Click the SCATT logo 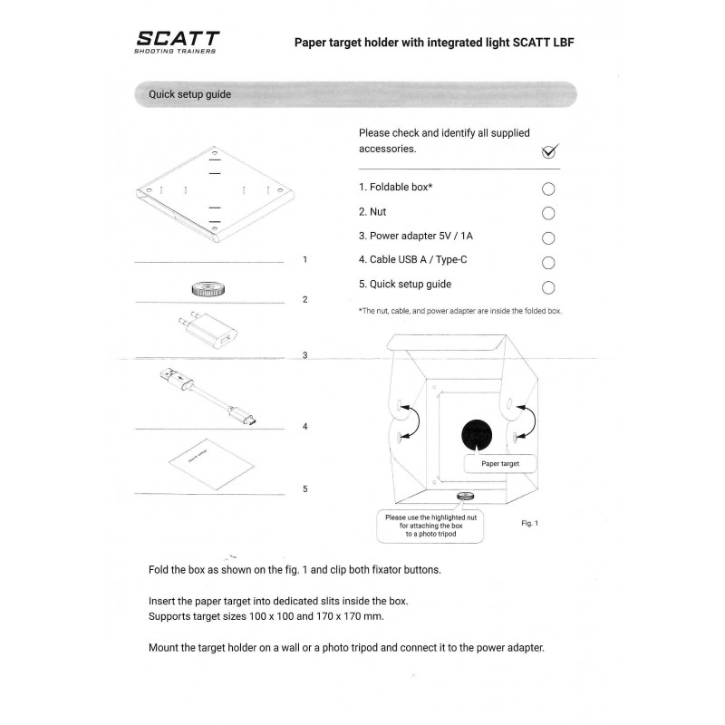(x=177, y=42)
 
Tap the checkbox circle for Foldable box (x=548, y=188)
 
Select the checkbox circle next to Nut (x=548, y=213)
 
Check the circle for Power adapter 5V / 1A (x=548, y=238)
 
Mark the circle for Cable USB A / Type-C (x=548, y=263)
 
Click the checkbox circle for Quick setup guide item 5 (x=548, y=287)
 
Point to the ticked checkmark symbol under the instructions (x=550, y=150)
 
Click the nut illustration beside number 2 (x=208, y=289)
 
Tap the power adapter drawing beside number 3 (x=208, y=330)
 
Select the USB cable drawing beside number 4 (x=208, y=396)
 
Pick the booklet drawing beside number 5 (x=211, y=464)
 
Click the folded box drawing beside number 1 (x=215, y=194)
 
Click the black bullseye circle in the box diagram (x=477, y=435)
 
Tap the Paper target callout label (x=500, y=464)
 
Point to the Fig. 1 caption (x=530, y=524)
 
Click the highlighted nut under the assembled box (x=465, y=496)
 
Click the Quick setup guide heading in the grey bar (x=189, y=94)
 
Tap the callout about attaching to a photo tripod (x=430, y=526)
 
